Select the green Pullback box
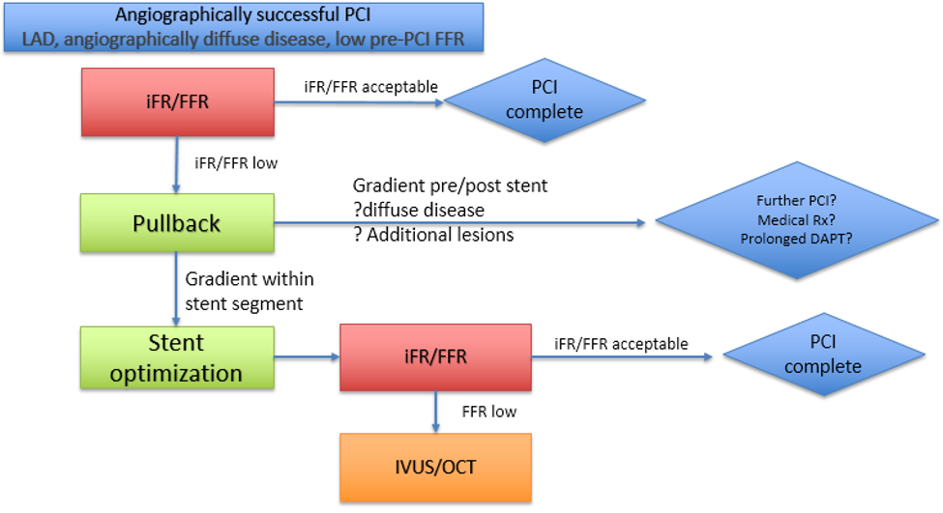(x=176, y=223)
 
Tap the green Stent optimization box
(x=176, y=356)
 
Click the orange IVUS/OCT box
(x=435, y=467)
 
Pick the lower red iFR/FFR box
(x=435, y=356)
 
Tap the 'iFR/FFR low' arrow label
(x=236, y=163)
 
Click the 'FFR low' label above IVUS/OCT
(x=488, y=412)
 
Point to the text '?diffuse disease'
(x=418, y=210)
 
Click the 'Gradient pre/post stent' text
(x=450, y=185)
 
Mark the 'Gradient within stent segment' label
(x=249, y=292)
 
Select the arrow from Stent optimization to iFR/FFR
(x=306, y=356)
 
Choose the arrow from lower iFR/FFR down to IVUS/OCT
(x=436, y=412)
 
